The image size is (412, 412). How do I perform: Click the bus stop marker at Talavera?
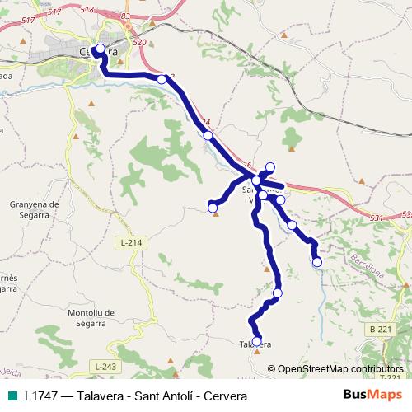coord(256,341)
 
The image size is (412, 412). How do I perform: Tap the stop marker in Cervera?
coord(100,49)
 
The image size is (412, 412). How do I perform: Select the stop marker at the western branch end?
coord(213,205)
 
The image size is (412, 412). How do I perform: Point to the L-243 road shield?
coord(106,366)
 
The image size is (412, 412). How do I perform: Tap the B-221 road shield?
coord(380,329)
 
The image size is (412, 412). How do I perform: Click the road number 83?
coord(125,16)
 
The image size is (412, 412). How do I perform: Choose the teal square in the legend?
coord(12,395)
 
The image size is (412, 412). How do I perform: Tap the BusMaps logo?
coord(371,395)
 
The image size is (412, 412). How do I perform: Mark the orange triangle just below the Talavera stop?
coord(257,350)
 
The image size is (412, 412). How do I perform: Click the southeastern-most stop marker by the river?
coord(317,262)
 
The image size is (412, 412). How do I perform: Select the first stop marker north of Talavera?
coord(277,293)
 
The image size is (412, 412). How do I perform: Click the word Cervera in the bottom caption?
coord(224,395)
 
